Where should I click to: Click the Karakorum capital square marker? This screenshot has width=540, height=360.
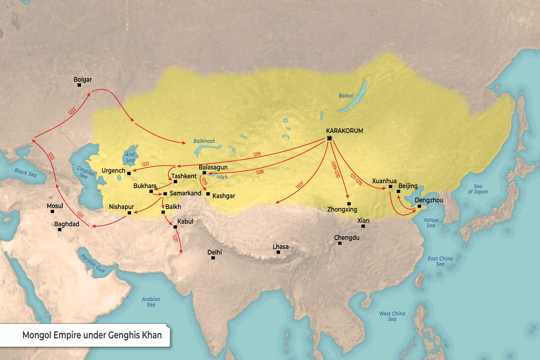[x=329, y=138]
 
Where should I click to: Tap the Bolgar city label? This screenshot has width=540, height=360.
[x=83, y=80]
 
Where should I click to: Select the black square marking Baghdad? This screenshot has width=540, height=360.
[x=60, y=230]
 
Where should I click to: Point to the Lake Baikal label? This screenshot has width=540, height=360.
[x=346, y=96]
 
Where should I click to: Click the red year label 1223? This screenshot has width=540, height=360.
[x=72, y=111]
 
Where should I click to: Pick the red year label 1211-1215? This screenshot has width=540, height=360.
[x=356, y=179]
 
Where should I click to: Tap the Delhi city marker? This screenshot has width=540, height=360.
[x=213, y=258]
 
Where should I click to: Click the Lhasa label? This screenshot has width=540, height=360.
[x=280, y=247]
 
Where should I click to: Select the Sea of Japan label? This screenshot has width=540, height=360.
[x=478, y=189]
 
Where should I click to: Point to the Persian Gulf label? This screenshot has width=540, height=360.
[x=93, y=263]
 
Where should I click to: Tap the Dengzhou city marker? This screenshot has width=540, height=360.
[x=419, y=206]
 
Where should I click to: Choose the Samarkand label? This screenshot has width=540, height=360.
[x=185, y=193]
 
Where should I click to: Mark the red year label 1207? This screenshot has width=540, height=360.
[x=299, y=185]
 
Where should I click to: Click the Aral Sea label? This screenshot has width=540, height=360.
[x=130, y=157]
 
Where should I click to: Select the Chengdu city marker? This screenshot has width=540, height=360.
[x=340, y=243]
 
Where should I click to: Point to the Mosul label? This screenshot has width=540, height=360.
[x=55, y=206]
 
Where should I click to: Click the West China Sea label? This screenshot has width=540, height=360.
[x=392, y=316]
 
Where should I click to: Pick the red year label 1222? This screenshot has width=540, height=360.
[x=51, y=156]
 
